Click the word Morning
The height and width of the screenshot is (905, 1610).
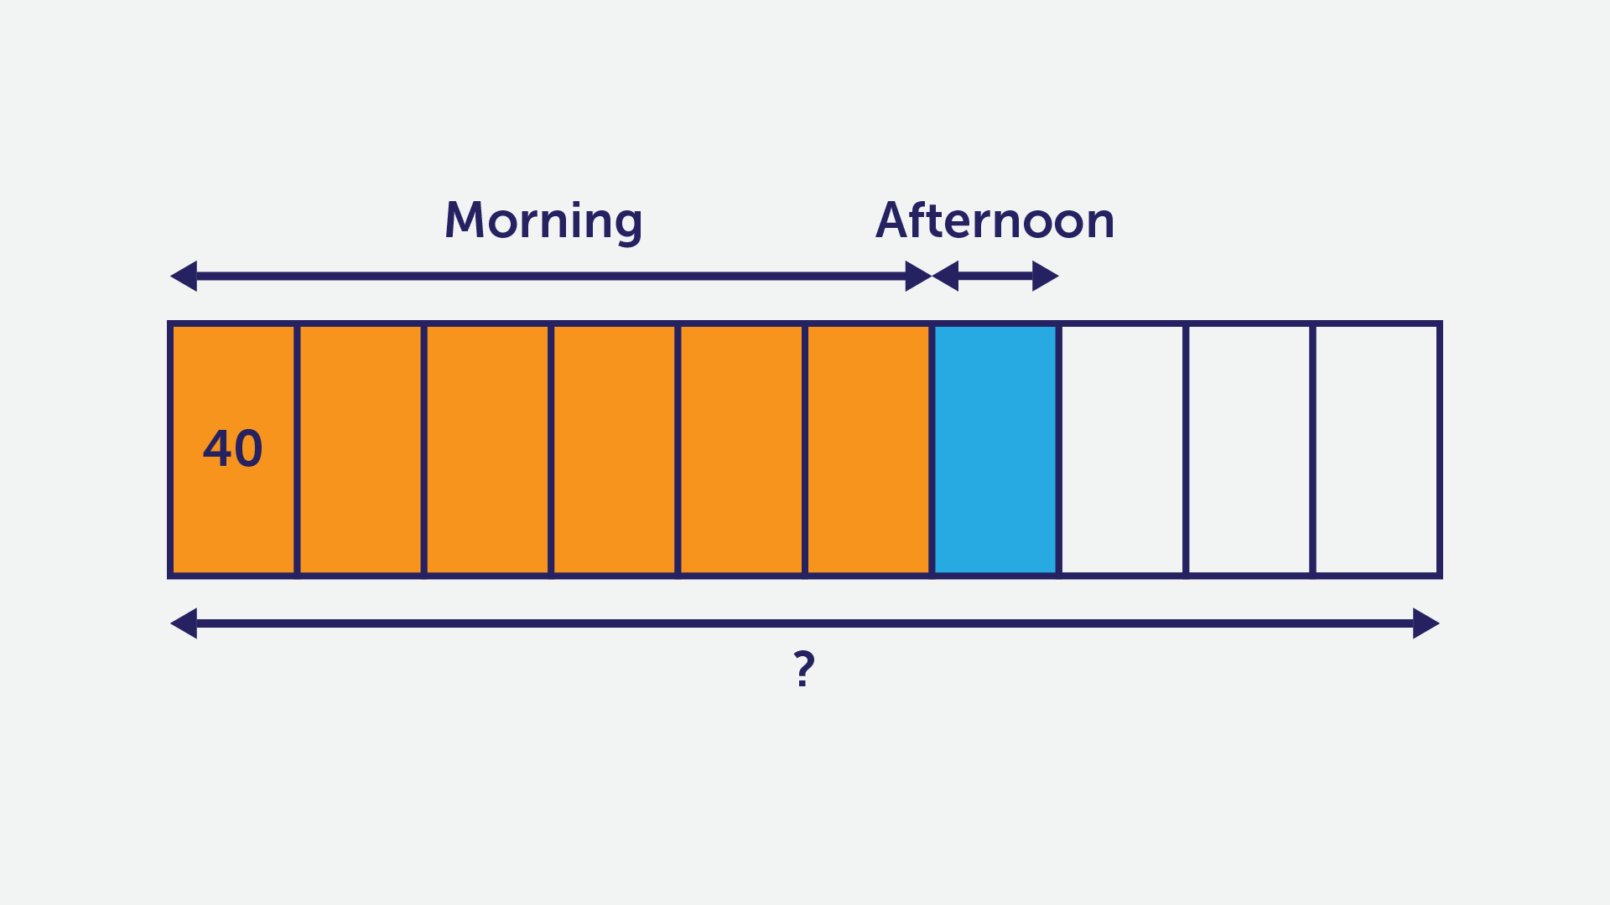(543, 221)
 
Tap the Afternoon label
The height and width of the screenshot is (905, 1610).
(995, 220)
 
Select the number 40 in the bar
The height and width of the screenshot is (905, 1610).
(233, 448)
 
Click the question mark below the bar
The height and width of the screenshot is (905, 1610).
(804, 669)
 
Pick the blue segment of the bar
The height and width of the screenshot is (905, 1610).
(995, 449)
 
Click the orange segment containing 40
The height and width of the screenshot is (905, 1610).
(233, 449)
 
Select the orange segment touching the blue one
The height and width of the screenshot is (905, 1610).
(868, 449)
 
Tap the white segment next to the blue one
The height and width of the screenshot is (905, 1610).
(1123, 449)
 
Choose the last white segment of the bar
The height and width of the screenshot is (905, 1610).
(1376, 449)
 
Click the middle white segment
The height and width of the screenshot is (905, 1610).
(1249, 449)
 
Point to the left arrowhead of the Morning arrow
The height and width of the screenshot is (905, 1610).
(183, 276)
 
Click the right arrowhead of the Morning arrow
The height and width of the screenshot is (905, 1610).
(919, 276)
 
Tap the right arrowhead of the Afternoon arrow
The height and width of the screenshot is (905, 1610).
(1046, 276)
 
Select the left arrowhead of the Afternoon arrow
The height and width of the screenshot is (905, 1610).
(945, 276)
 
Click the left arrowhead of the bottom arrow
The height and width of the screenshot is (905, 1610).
(183, 623)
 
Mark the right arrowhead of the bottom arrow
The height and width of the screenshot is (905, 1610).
(1426, 623)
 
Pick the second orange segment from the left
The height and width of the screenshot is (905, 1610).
(361, 449)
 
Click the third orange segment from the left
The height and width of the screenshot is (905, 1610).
(487, 449)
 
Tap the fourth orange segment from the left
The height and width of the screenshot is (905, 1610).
(615, 449)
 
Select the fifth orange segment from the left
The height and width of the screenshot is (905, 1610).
(741, 449)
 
